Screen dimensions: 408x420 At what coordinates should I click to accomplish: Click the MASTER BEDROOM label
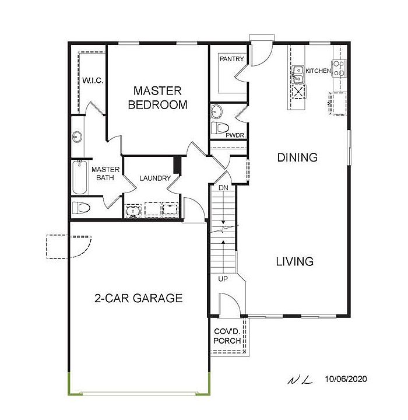(157, 98)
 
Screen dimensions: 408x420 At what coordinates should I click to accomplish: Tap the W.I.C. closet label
(93, 80)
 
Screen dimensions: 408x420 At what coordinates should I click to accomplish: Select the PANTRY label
(232, 59)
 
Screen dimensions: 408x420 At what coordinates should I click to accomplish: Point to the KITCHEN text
(318, 71)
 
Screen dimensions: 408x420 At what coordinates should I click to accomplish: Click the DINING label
(297, 157)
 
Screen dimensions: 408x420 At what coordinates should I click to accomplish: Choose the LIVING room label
(295, 261)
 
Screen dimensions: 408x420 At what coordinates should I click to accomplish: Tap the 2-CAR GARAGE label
(138, 298)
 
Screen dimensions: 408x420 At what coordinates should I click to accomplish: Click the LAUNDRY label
(155, 178)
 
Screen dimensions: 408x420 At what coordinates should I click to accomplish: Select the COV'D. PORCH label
(227, 336)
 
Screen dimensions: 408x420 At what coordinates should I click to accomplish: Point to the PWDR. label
(235, 135)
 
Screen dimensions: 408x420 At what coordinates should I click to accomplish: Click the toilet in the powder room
(220, 128)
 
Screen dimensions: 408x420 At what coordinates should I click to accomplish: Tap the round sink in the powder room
(216, 111)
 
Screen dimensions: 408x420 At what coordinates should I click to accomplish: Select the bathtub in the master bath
(79, 177)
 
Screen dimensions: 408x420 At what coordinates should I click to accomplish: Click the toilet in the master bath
(81, 208)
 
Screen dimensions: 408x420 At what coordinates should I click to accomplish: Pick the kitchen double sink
(298, 75)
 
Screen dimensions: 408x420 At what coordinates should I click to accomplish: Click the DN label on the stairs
(223, 188)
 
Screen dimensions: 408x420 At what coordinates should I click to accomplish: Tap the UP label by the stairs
(223, 279)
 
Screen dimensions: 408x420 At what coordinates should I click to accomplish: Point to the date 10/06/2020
(346, 379)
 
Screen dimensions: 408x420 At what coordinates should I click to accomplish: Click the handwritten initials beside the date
(300, 380)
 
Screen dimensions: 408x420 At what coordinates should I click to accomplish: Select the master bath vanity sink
(78, 137)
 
